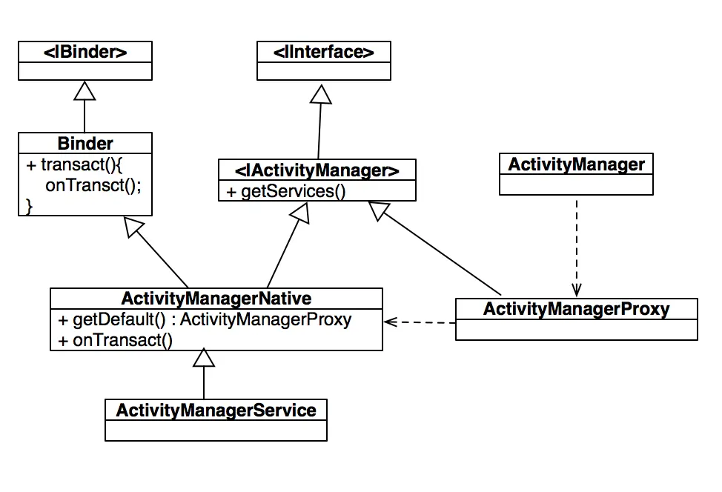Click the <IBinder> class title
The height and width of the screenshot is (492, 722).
[x=85, y=52]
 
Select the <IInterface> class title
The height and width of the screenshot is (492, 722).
[x=323, y=52]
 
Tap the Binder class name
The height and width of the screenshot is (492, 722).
[x=85, y=143]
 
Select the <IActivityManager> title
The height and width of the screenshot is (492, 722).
[x=317, y=170]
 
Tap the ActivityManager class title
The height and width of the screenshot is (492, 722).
[x=576, y=164]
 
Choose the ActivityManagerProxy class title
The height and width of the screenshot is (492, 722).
[x=576, y=308]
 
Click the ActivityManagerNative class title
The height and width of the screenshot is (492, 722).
[x=216, y=299]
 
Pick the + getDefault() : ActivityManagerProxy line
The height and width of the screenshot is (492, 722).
[x=205, y=320]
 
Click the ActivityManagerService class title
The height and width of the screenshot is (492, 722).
[x=216, y=410]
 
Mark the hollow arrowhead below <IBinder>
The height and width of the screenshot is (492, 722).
[x=85, y=91]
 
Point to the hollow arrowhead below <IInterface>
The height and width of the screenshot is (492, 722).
[x=321, y=95]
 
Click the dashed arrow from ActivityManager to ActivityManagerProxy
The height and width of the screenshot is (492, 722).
[x=576, y=245]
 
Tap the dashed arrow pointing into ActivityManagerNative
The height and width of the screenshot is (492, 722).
[x=419, y=322]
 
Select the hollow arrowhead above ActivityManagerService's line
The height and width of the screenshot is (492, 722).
[x=204, y=359]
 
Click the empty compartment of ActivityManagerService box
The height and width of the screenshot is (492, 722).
[x=216, y=430]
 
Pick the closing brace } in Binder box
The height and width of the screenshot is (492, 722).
[x=30, y=206]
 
